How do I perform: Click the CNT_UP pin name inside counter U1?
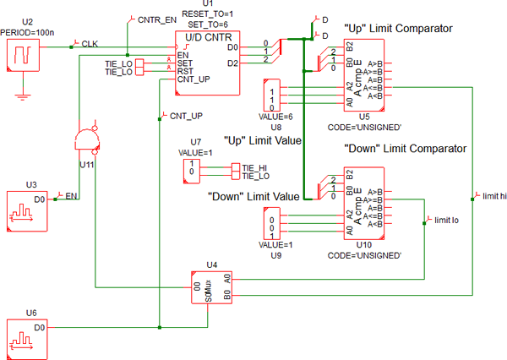pos(194,80)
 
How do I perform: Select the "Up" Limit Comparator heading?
pos(398,29)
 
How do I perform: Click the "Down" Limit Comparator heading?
pos(406,149)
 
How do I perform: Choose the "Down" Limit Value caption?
pos(253,196)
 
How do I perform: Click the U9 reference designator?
pos(272,254)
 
